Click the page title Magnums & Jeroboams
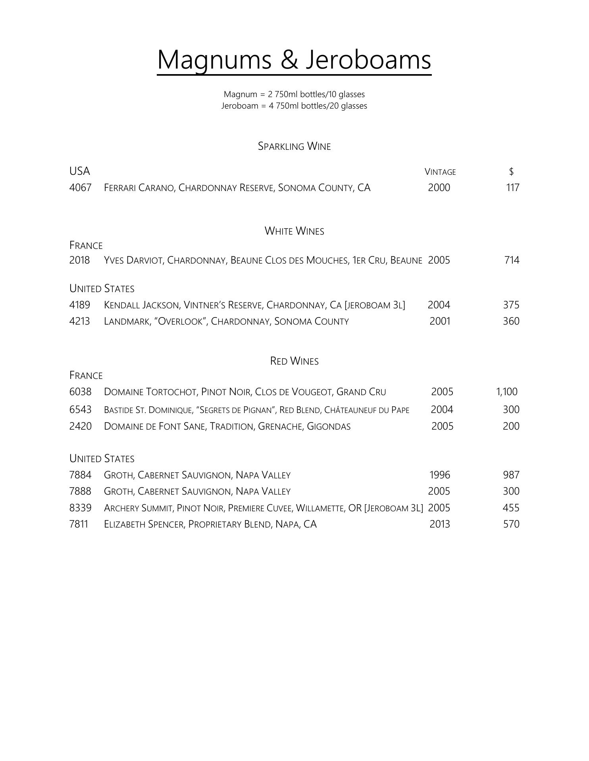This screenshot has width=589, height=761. pyautogui.click(x=294, y=60)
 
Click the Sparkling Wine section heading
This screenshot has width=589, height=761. pyautogui.click(x=294, y=146)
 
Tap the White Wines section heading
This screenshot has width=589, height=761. pyautogui.click(x=294, y=231)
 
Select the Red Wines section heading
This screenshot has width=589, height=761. pyautogui.click(x=294, y=361)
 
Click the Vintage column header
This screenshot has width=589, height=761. pyautogui.click(x=440, y=172)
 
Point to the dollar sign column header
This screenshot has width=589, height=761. pyautogui.click(x=511, y=172)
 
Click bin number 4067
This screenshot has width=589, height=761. pyautogui.click(x=80, y=187)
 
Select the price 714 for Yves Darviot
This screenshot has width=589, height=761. pyautogui.click(x=512, y=260)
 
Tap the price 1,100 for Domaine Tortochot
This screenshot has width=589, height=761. pyautogui.click(x=506, y=392)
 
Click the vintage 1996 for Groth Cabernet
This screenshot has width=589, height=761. pyautogui.click(x=440, y=475)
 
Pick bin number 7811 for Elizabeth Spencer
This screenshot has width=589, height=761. pyautogui.click(x=79, y=524)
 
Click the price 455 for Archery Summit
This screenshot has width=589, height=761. pyautogui.click(x=511, y=508)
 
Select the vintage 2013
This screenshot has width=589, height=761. pyautogui.click(x=440, y=524)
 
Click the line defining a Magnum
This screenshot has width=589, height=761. pyautogui.click(x=294, y=94)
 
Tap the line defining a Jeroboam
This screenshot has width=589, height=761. pyautogui.click(x=294, y=106)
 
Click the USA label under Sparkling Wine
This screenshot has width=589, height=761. pyautogui.click(x=79, y=171)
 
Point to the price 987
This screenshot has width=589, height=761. pyautogui.click(x=511, y=475)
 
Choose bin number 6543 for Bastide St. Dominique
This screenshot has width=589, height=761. pyautogui.click(x=80, y=409)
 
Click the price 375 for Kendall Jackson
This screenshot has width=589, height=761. pyautogui.click(x=511, y=305)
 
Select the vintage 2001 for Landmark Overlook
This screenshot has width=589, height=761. pyautogui.click(x=440, y=321)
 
